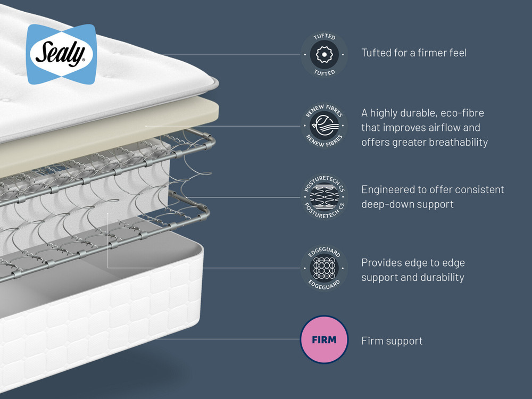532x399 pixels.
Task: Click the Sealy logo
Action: [61, 54]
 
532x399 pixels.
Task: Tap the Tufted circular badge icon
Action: [324, 54]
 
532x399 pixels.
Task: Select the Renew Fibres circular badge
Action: [324, 126]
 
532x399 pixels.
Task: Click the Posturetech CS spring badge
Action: [324, 197]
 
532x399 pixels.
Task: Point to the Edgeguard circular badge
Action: [324, 268]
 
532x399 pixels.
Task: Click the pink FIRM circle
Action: [324, 339]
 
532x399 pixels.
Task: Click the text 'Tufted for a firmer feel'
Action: [414, 53]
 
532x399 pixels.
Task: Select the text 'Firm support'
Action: [392, 340]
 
